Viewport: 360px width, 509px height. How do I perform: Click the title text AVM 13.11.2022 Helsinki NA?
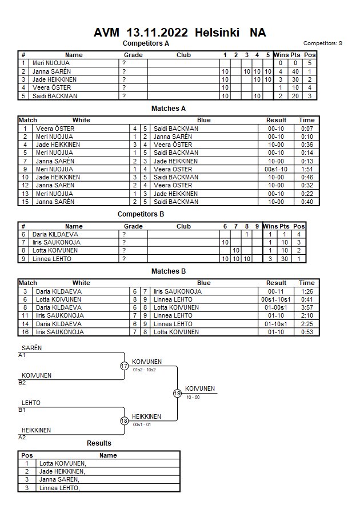pos(179,33)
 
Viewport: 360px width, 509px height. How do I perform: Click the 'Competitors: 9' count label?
pos(323,43)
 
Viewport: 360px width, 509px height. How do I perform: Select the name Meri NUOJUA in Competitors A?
pos(51,63)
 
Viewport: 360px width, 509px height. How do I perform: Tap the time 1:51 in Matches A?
pos(307,169)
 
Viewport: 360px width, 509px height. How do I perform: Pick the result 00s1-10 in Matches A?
pos(276,169)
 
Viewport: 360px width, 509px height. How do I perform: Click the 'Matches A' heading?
pos(169,109)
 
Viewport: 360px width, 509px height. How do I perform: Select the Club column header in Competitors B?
pos(183,226)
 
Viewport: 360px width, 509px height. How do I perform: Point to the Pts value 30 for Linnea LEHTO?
pos(284,259)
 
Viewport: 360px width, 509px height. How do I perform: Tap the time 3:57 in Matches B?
pos(307,307)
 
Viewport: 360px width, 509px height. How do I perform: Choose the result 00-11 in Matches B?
pos(276,291)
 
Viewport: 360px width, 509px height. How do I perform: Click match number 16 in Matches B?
pos(25,332)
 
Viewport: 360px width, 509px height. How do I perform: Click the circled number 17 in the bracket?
pos(124,366)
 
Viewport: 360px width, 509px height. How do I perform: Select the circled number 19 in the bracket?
pos(177,393)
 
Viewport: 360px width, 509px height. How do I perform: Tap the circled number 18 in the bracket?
pos(124,421)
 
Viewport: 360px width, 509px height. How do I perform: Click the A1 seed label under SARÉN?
pos(22,355)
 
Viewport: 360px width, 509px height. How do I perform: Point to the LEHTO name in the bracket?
pos(31,403)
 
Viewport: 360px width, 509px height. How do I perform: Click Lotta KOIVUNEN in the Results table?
pos(62,463)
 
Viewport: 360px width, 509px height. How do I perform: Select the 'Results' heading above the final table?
pos(99,443)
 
